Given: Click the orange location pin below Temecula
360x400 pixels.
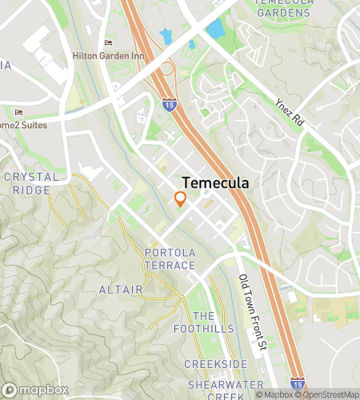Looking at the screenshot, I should point(181,199).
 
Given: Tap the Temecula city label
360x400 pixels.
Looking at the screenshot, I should point(215,182).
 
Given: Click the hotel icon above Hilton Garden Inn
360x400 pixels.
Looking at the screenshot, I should point(109,42).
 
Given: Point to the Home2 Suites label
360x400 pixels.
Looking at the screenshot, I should point(23,125).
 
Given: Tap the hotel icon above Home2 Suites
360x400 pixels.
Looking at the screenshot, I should point(18,112).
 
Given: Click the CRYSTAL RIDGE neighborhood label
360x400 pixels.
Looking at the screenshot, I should point(31,183).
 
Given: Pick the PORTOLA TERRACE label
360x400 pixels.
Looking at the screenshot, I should point(170,258).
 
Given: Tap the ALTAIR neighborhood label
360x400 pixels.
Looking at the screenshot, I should point(121,289).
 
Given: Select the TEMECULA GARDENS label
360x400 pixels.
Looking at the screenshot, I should point(282,7).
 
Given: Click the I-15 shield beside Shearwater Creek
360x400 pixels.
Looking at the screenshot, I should point(297,385).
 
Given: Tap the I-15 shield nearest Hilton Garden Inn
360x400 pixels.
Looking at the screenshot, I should point(169,103).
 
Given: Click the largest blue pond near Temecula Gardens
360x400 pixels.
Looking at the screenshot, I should point(215,30).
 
